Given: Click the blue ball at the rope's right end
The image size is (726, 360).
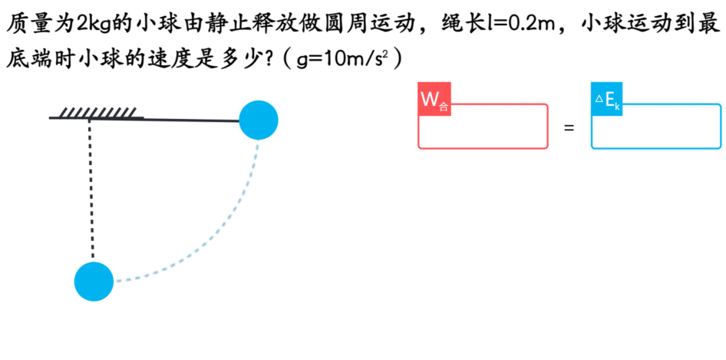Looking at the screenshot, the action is [259, 120].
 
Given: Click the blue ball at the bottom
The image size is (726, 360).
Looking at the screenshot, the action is [94, 281].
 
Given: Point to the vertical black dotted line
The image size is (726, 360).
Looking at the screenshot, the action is [91, 190].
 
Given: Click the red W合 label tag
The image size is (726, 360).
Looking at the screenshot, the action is [434, 99].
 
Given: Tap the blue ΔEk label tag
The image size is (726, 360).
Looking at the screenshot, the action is [607, 99].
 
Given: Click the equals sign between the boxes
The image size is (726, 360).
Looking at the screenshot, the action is [569, 127].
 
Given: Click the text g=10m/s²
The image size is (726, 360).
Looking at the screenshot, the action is [342, 60].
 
